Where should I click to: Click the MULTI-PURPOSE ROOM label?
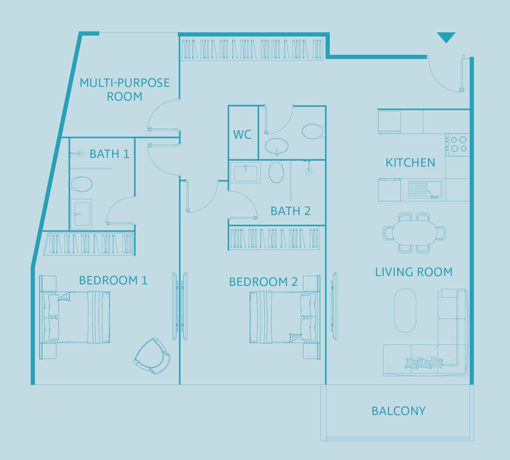coord(125,90)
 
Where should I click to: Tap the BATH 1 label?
coord(110,154)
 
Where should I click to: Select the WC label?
coord(242,134)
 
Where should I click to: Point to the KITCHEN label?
coord(410,163)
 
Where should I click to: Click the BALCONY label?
coord(398,411)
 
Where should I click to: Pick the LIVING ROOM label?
coord(414,272)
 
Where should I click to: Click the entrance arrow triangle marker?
coord(446,37)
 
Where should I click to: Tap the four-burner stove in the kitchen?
coord(457,145)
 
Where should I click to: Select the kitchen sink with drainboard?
coord(425,190)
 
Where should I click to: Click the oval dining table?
coord(414,233)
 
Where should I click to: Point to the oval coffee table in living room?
coord(405,310)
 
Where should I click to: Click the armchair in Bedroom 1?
coord(153,356)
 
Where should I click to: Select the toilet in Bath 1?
coord(81,184)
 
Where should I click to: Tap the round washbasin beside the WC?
coord(277,146)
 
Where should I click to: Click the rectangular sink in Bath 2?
coord(245,173)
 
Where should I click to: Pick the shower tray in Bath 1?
coord(81,214)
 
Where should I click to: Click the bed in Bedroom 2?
coord(284,317)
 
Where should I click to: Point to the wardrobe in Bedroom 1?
coord(89,244)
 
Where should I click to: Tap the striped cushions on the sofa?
coord(423,363)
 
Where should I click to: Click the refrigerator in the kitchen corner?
coord(389,122)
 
